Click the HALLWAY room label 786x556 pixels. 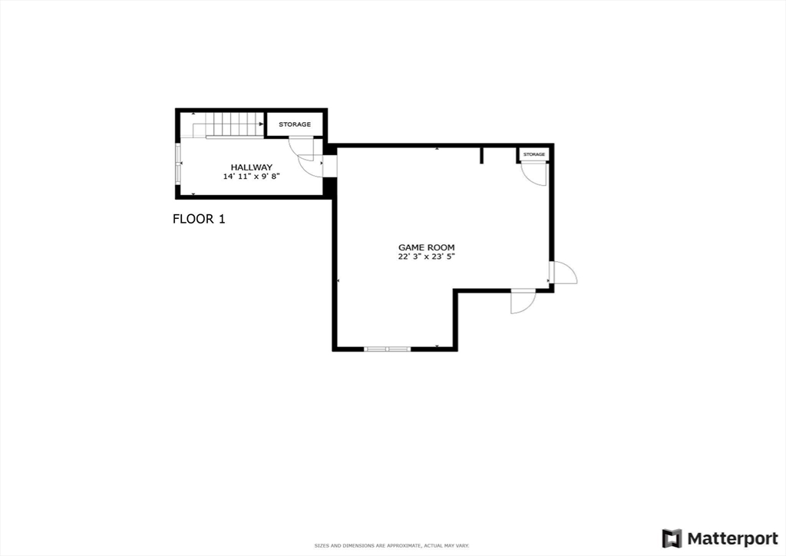252,167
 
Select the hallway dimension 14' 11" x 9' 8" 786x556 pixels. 252,176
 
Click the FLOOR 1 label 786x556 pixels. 199,219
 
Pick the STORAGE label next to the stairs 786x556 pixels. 295,124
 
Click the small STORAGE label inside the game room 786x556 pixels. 534,154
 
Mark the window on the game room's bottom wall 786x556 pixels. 387,349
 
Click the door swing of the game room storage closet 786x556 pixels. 535,174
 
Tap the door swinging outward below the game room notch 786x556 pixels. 523,301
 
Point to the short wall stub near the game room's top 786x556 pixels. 482,155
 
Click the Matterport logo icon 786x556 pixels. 672,538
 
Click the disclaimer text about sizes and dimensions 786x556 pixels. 392,545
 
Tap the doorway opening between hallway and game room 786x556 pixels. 330,166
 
